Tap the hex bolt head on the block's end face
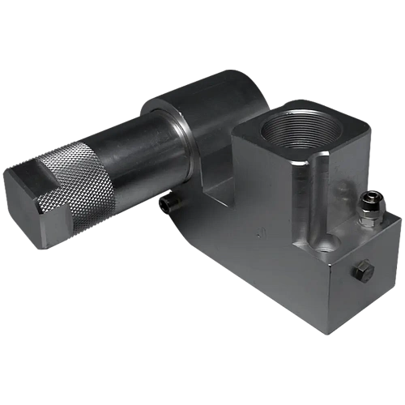[361, 270]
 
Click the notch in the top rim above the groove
[322, 167]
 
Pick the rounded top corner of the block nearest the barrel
[238, 130]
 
